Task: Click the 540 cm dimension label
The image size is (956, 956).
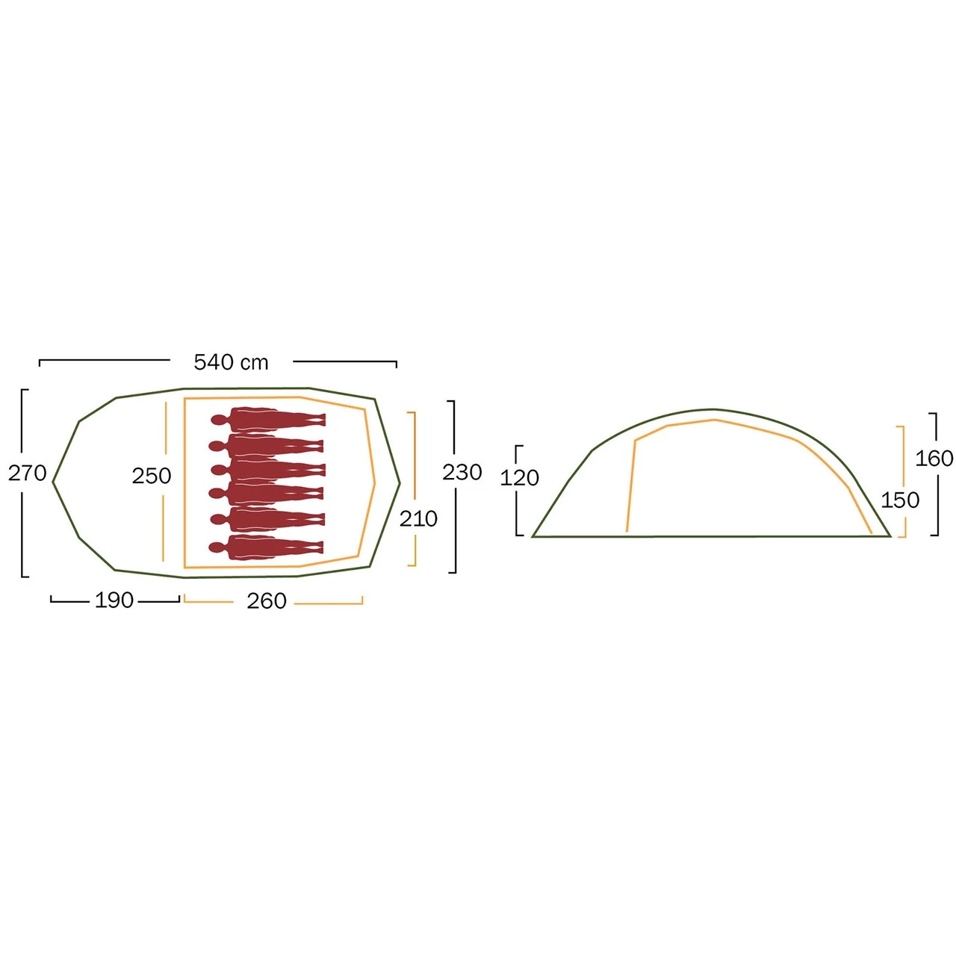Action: pos(231,363)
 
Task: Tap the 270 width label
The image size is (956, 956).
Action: pos(28,474)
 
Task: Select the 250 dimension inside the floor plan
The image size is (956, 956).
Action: pos(152,477)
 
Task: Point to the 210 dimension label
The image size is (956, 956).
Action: pos(418,519)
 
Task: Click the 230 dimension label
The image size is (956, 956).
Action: pos(462,472)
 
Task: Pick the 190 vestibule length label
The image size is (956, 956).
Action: pos(114,600)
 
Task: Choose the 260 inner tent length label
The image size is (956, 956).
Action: pos(267,600)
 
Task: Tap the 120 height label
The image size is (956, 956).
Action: pos(519,478)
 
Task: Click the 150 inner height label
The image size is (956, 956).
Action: pos(900,500)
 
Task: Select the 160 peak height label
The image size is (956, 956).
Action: pos(934,459)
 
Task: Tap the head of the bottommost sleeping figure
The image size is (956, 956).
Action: pos(217,547)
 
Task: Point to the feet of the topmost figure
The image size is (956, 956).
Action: pos(320,420)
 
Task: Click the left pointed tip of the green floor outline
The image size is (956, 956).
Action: pos(53,482)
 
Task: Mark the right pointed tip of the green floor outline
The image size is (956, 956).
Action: pos(400,482)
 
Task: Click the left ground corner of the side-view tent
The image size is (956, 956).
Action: pos(533,536)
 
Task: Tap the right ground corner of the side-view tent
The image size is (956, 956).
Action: pos(890,536)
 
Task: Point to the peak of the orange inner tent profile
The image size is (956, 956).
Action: pos(715,420)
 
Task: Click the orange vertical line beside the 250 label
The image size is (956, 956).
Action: pos(164,481)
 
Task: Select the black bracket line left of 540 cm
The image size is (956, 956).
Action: pos(104,360)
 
